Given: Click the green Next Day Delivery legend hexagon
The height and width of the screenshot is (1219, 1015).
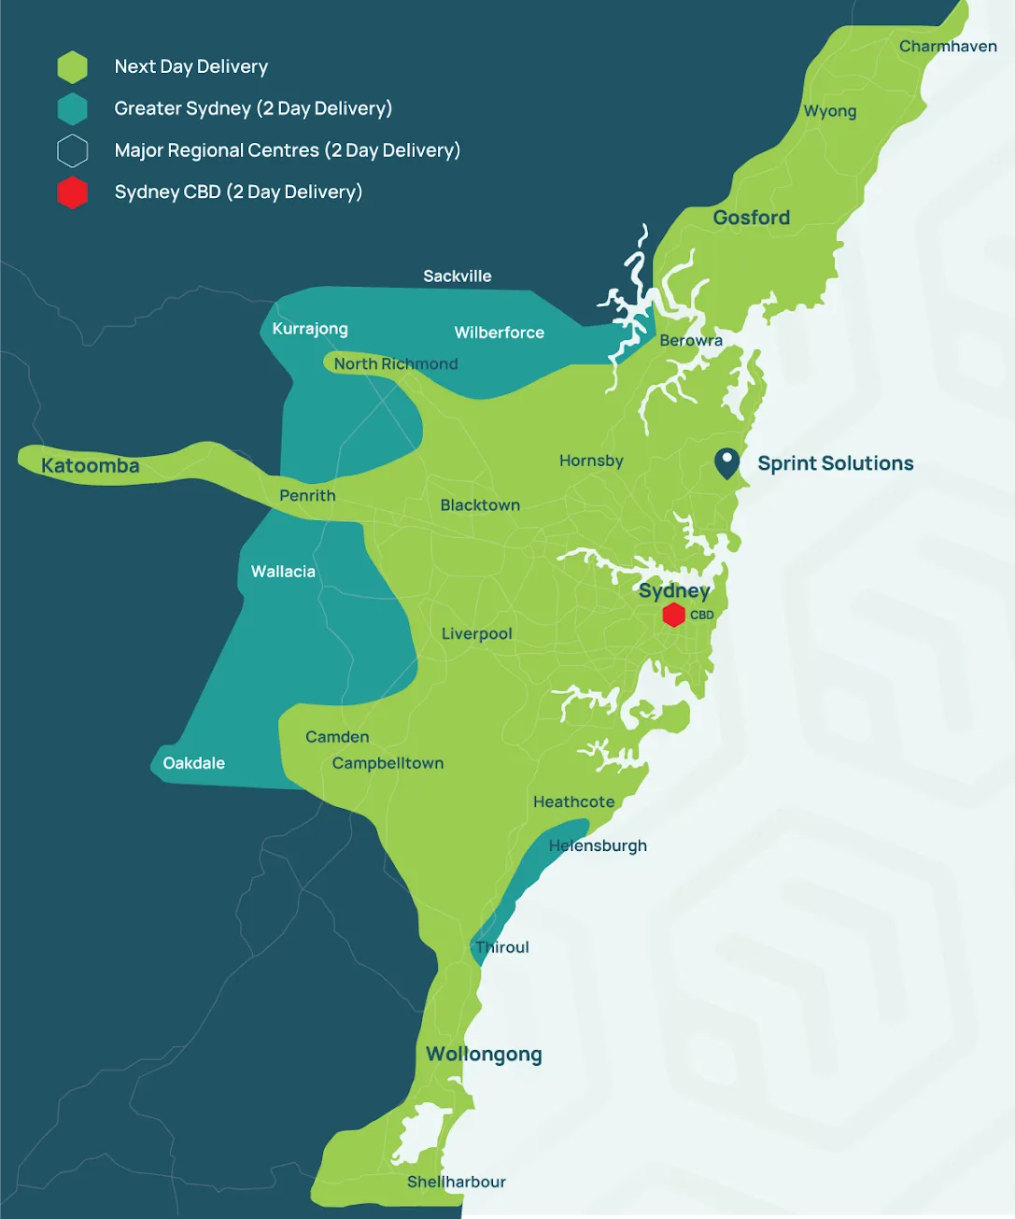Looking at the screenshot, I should click(72, 67).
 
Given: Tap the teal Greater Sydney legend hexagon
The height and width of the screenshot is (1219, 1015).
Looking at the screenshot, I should click(72, 109).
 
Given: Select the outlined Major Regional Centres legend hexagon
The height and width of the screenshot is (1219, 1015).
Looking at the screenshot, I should click(72, 150).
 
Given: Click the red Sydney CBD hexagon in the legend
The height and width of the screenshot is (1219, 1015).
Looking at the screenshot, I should click(72, 192).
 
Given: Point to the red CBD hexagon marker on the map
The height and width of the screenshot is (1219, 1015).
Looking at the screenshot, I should click(673, 615).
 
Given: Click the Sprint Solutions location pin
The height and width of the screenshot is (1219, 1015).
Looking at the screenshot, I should click(726, 462).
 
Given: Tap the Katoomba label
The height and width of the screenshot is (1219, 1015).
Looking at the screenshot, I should click(91, 466).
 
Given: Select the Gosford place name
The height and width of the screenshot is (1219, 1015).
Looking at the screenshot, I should click(751, 218).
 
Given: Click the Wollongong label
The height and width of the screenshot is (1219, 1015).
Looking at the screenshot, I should click(484, 1055).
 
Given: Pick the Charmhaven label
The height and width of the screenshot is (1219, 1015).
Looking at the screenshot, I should click(948, 47).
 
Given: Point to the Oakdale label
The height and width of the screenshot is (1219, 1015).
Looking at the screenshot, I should click(193, 763).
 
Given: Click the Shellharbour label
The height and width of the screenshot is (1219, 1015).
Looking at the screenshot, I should click(456, 1182).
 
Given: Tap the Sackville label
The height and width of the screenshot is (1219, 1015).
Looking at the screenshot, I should click(457, 276).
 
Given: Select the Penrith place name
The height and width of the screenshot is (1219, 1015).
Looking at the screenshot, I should click(307, 496).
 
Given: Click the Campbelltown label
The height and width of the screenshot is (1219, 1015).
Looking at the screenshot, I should click(388, 763).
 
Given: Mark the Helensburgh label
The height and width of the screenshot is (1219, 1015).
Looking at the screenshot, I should click(598, 845).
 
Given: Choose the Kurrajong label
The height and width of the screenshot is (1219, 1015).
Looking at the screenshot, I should click(310, 329).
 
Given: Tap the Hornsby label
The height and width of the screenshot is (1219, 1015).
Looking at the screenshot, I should click(591, 461).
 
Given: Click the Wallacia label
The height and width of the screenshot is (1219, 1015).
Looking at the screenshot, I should click(283, 572).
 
